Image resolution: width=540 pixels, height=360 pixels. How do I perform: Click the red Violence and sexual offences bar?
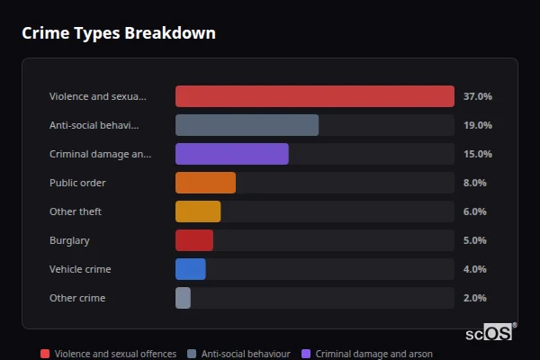pyautogui.click(x=314, y=96)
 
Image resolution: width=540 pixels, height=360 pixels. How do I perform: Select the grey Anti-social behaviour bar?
pyautogui.click(x=247, y=125)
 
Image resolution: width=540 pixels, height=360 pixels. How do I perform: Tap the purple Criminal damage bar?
pyautogui.click(x=231, y=154)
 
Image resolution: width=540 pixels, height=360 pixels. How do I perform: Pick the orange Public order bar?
pyautogui.click(x=205, y=183)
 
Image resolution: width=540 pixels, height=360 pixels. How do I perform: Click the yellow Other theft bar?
pyautogui.click(x=198, y=211)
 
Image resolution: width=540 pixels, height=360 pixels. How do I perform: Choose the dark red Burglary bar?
pyautogui.click(x=194, y=240)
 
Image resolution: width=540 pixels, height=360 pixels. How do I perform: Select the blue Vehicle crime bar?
pyautogui.click(x=191, y=269)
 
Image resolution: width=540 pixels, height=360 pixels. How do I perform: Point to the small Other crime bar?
pyautogui.click(x=183, y=298)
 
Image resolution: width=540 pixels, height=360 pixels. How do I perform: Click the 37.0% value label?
pyautogui.click(x=477, y=96)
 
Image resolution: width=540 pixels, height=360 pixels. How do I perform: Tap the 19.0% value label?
pyautogui.click(x=477, y=125)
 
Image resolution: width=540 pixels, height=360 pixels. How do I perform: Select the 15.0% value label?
pyautogui.click(x=477, y=154)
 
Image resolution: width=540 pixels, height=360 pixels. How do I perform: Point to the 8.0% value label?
pyautogui.click(x=474, y=183)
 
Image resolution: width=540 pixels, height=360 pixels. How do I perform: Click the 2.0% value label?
pyautogui.click(x=474, y=298)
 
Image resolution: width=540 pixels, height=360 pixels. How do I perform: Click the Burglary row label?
pyautogui.click(x=69, y=240)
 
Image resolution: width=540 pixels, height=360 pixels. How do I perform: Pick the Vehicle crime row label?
pyautogui.click(x=80, y=269)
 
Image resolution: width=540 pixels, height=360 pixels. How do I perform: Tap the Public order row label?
pyautogui.click(x=77, y=183)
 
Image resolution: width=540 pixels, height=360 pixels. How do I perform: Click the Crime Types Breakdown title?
pyautogui.click(x=118, y=33)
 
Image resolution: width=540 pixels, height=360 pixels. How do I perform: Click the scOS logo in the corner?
pyautogui.click(x=490, y=332)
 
